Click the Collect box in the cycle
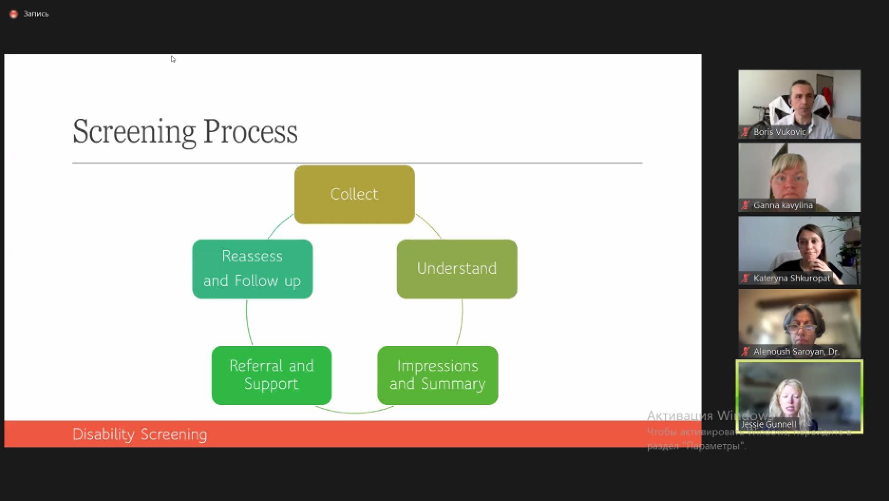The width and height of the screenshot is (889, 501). [x=354, y=194]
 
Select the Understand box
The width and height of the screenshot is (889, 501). [x=456, y=269]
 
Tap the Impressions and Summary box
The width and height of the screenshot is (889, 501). [x=437, y=375]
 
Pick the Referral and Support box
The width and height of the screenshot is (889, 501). [x=271, y=375]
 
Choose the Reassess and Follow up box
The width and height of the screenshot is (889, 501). [x=252, y=269]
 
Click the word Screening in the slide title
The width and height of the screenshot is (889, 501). [x=134, y=132]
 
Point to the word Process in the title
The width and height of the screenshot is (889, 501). [x=250, y=132]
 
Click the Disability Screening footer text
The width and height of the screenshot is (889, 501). [x=140, y=434]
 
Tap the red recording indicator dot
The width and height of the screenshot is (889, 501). [x=14, y=14]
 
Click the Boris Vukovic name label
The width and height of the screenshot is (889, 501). [x=779, y=132]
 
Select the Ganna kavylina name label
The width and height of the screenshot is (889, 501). [x=783, y=205]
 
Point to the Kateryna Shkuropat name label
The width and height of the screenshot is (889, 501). [x=792, y=279]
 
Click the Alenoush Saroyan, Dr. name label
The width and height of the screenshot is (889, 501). [x=796, y=352]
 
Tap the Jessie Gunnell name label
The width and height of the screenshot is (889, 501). [x=768, y=424]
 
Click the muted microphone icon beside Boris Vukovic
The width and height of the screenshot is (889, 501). [x=746, y=132]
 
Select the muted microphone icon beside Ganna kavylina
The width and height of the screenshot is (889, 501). [x=746, y=205]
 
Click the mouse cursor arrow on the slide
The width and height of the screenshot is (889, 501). [x=173, y=59]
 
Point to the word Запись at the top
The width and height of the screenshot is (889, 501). [x=36, y=14]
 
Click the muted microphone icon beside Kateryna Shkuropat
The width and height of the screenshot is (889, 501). [x=746, y=279]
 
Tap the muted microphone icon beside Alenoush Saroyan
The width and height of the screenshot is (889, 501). [x=746, y=352]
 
